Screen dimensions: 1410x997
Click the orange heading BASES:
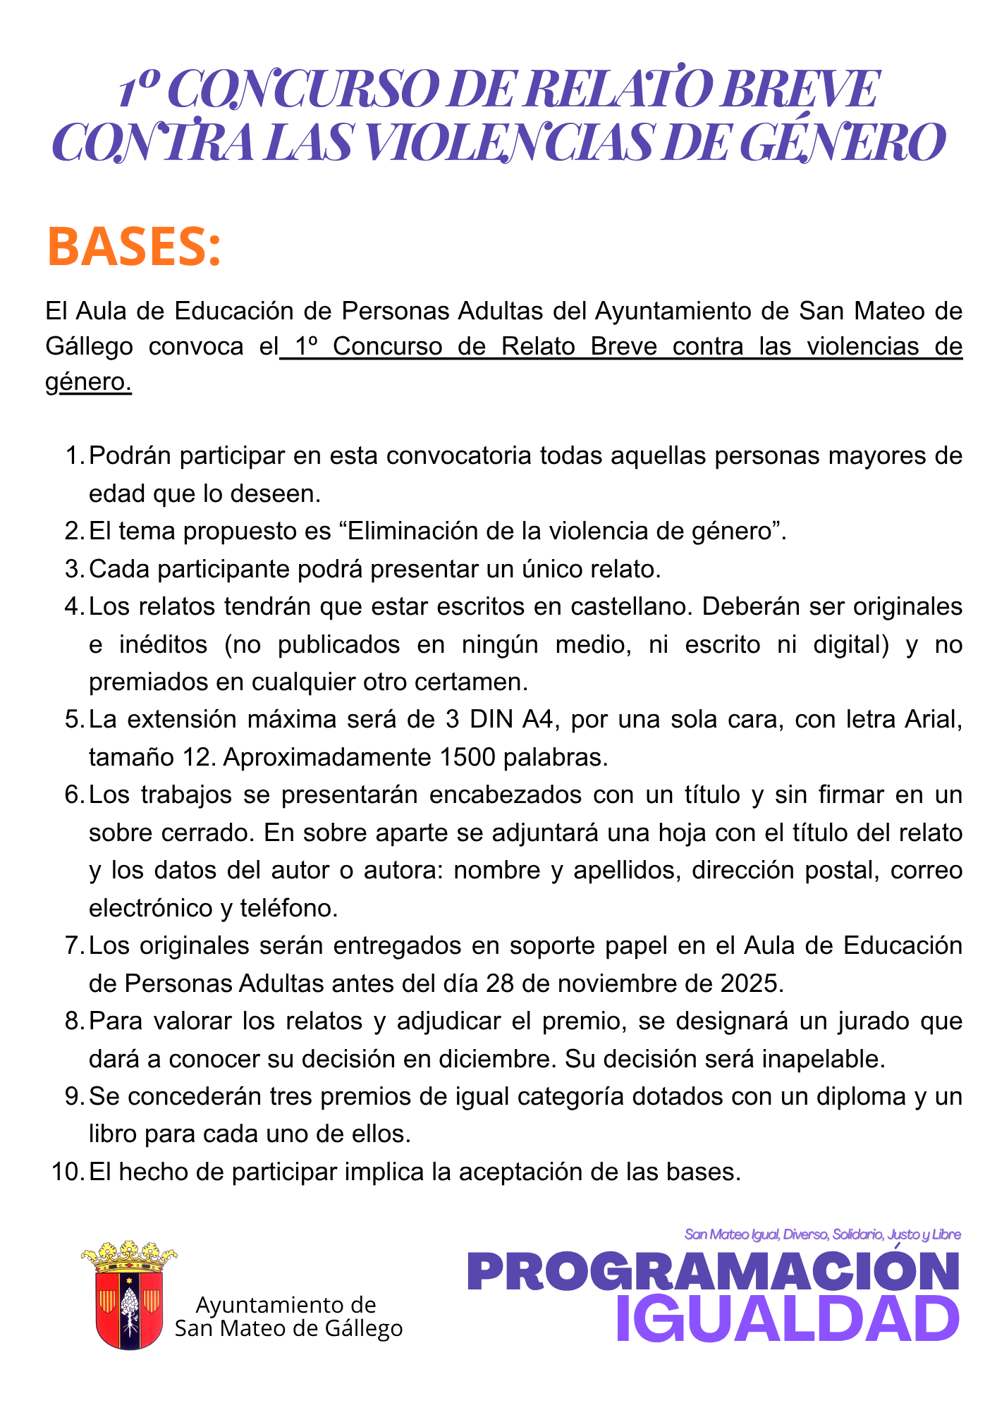pyautogui.click(x=134, y=247)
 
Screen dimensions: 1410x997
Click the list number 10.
pyautogui.click(x=68, y=1172)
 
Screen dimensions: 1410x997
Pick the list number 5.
pyautogui.click(x=73, y=719)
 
